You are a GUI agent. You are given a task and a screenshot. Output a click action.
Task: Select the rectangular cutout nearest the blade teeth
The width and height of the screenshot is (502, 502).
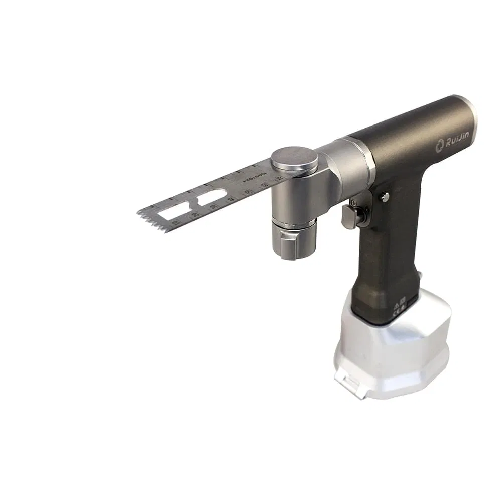click(173, 211)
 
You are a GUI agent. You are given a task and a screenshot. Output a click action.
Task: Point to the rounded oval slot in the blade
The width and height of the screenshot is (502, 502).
click(211, 198)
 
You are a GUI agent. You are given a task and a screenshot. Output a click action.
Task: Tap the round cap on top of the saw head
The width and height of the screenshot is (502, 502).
click(294, 159)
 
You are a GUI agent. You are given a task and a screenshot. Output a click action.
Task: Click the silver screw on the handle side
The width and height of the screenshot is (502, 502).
click(385, 197)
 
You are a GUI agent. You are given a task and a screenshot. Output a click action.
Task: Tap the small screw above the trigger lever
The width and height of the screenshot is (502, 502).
click(354, 203)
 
